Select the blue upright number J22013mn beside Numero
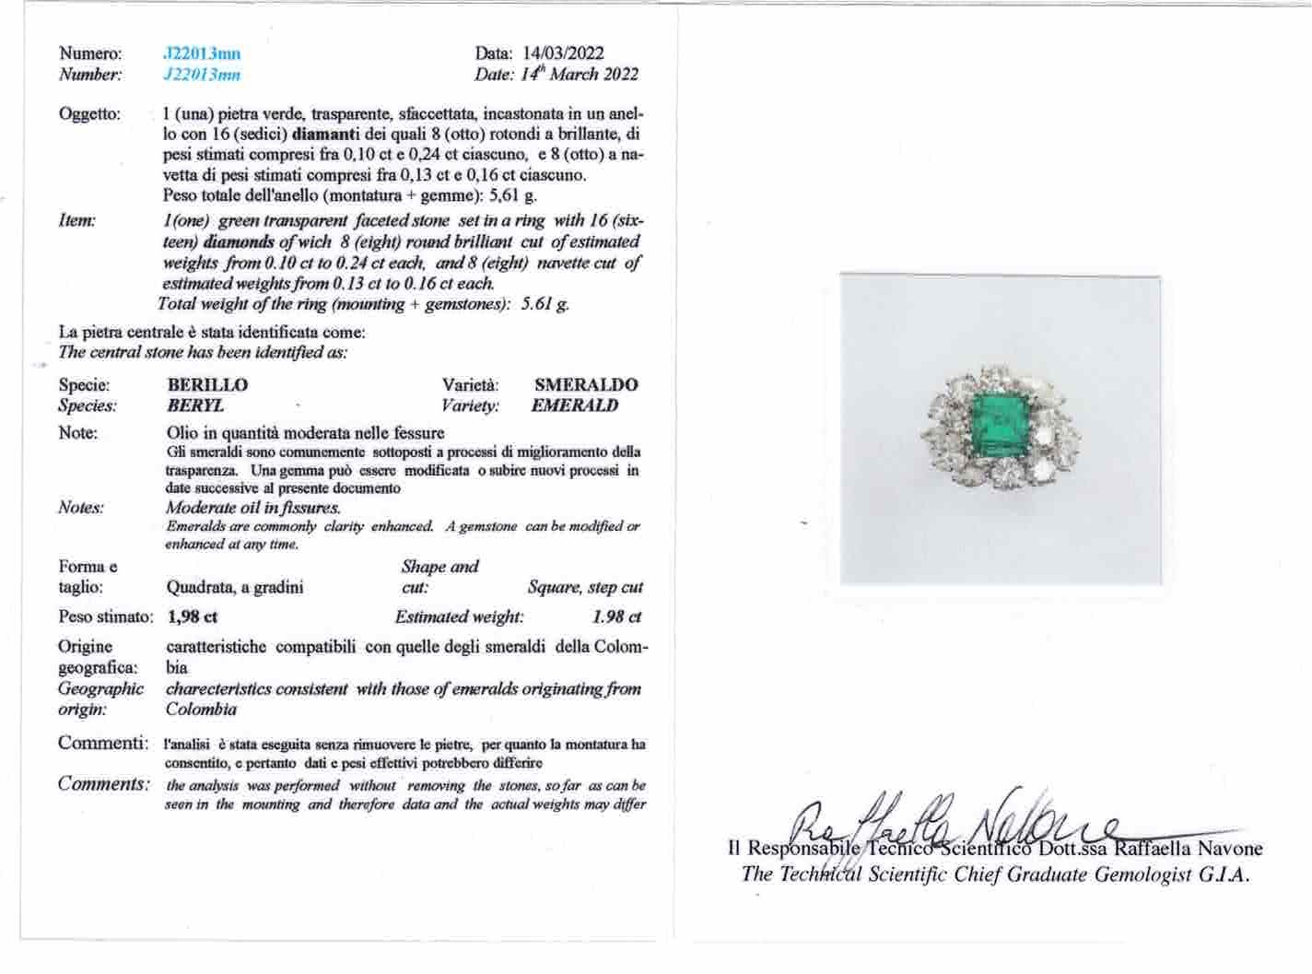[x=201, y=54]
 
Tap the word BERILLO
[x=207, y=385]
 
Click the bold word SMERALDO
[x=586, y=385]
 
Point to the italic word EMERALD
[x=575, y=405]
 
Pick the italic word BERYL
[x=195, y=405]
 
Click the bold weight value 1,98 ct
[x=193, y=617]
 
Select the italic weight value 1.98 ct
[x=616, y=617]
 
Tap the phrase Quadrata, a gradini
[x=234, y=587]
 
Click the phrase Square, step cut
[x=585, y=587]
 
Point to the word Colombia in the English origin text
[x=201, y=710]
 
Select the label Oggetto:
[x=89, y=114]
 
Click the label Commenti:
[x=102, y=743]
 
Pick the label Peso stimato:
[x=104, y=617]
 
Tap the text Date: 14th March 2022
[x=556, y=75]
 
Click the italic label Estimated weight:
[x=459, y=617]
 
